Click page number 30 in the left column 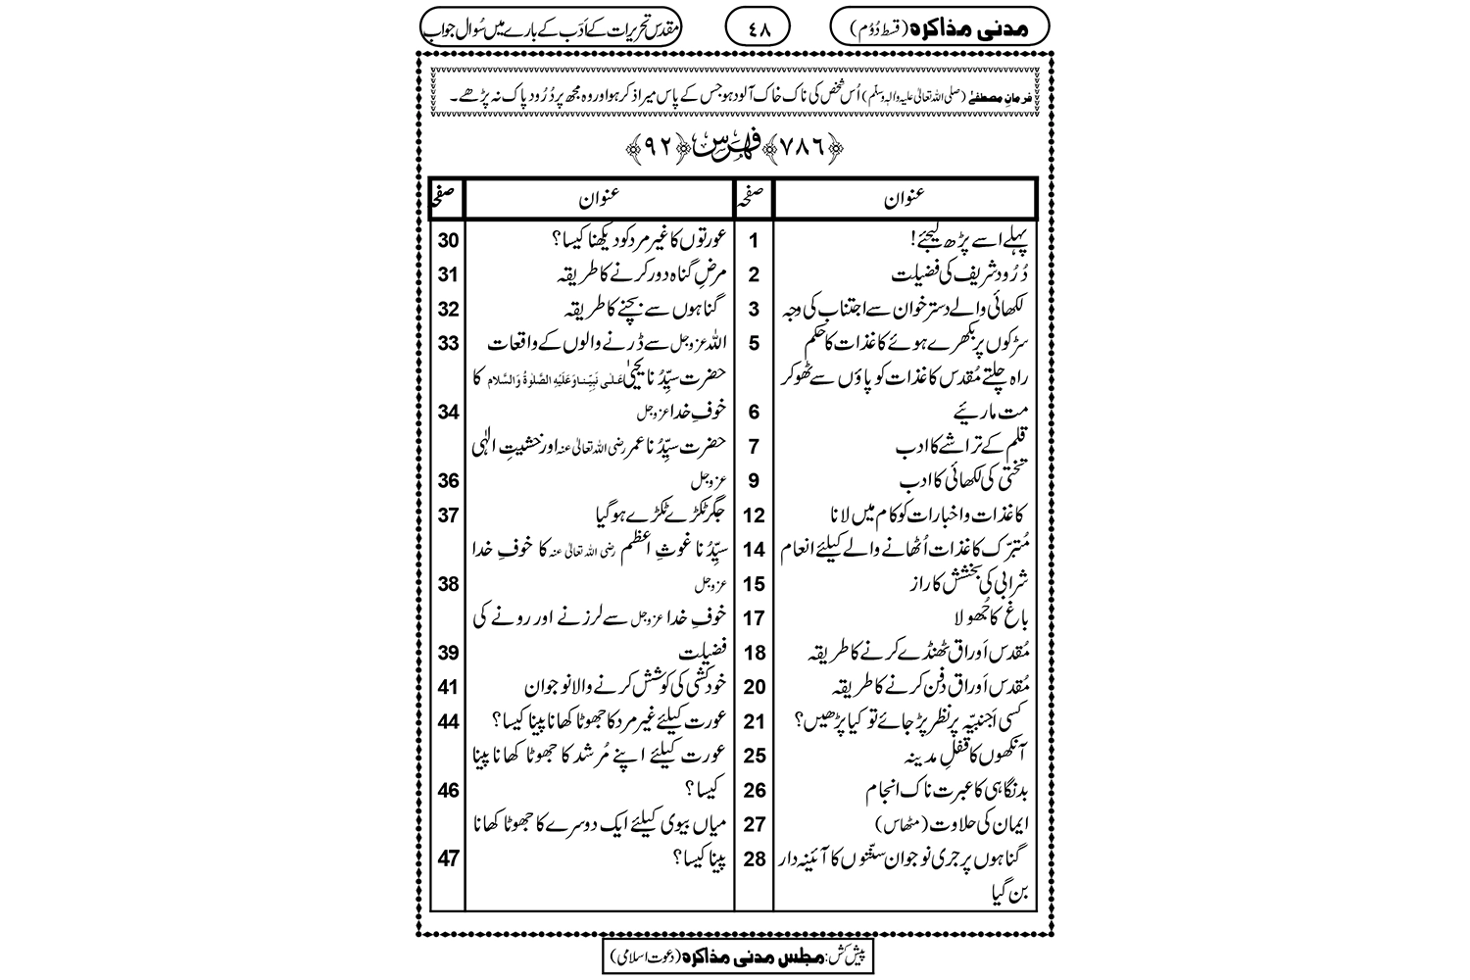(449, 238)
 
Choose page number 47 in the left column (449, 858)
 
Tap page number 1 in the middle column (754, 238)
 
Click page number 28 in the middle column (754, 858)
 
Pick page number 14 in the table (754, 549)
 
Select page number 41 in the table (449, 686)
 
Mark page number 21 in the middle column (754, 721)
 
